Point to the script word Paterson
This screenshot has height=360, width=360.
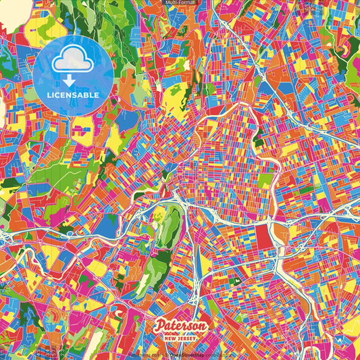(180, 326)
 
